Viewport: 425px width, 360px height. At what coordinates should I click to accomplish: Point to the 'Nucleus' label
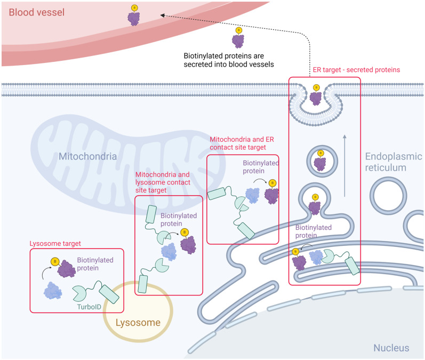click(391, 348)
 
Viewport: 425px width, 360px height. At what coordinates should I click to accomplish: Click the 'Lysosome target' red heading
click(55, 243)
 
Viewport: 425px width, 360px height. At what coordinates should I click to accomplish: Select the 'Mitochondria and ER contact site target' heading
click(238, 143)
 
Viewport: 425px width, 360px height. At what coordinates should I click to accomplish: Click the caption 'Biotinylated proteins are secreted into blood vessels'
click(229, 60)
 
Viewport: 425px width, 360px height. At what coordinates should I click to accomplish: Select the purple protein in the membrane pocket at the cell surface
click(317, 98)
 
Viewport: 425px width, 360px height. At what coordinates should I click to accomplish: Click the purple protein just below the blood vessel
click(238, 41)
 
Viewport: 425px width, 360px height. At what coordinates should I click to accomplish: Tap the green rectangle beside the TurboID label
click(110, 294)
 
